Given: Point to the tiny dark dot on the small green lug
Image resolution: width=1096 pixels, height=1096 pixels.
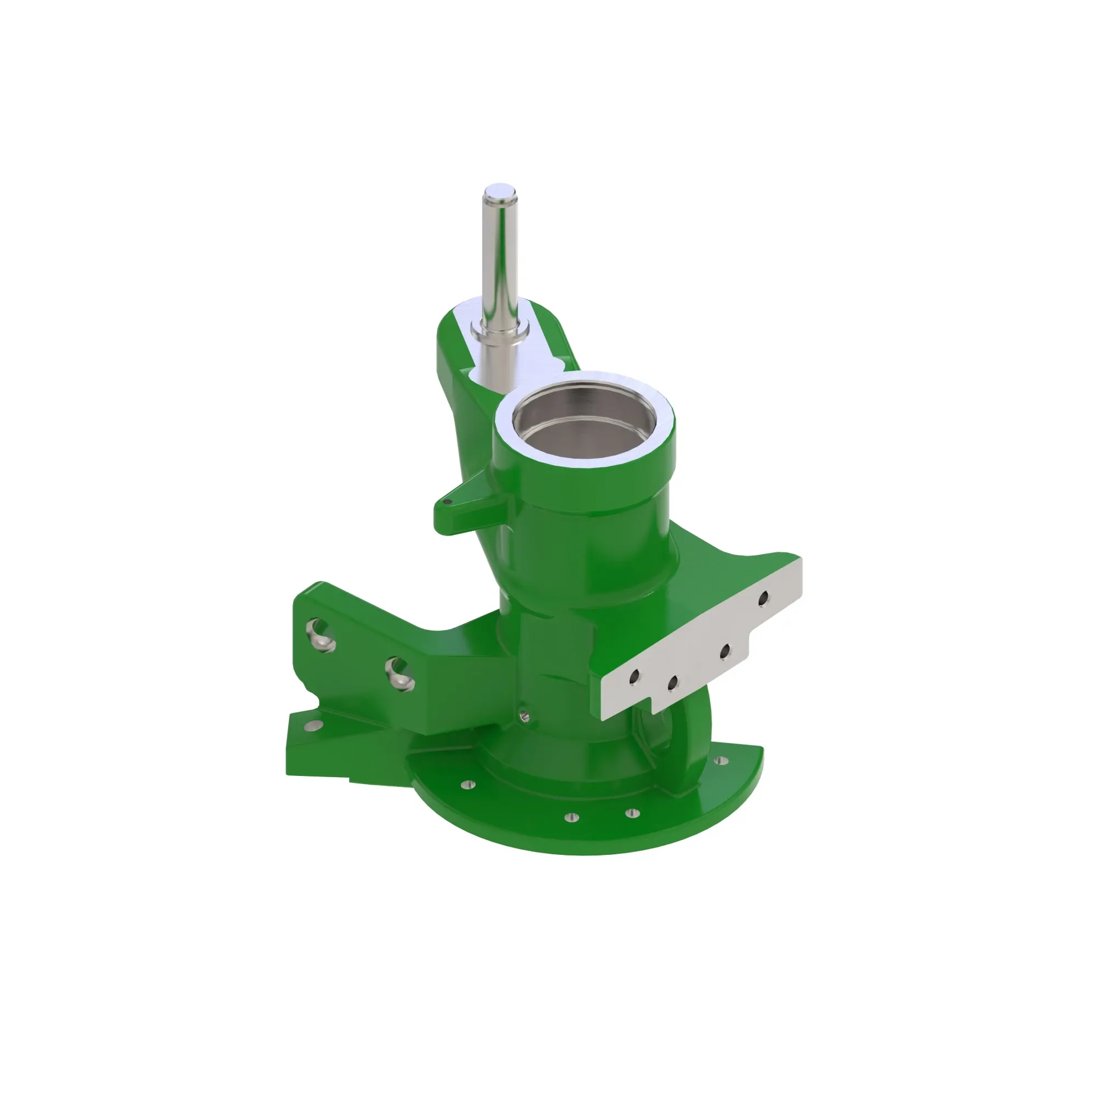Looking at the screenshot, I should coord(448,501).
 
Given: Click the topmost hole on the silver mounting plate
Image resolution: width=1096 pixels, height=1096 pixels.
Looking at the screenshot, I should coord(763,597).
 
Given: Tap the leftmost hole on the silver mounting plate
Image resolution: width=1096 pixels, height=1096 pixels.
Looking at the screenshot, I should coord(633,675).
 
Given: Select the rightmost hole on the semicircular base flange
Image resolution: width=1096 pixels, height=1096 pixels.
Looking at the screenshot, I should coord(722,760).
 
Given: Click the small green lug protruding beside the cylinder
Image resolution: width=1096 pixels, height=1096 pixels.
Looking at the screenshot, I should coord(465,508).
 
